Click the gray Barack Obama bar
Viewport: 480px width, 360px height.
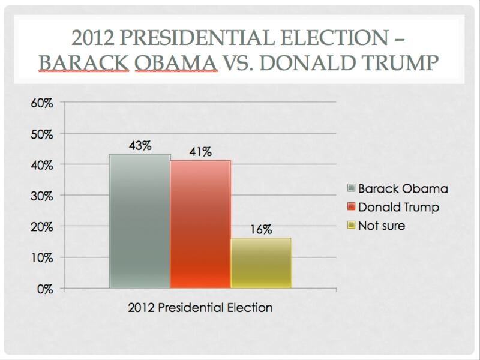point(140,221)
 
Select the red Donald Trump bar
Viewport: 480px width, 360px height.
point(200,224)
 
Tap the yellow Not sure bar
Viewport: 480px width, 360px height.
point(261,263)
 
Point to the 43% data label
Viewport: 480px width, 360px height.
point(139,145)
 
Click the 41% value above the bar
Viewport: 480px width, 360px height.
point(200,152)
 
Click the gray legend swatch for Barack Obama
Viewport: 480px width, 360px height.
point(351,188)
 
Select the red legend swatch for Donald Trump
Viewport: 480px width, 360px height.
point(351,207)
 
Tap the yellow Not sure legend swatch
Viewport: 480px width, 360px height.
point(351,226)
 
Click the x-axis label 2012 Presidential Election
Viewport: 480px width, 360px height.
point(200,308)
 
